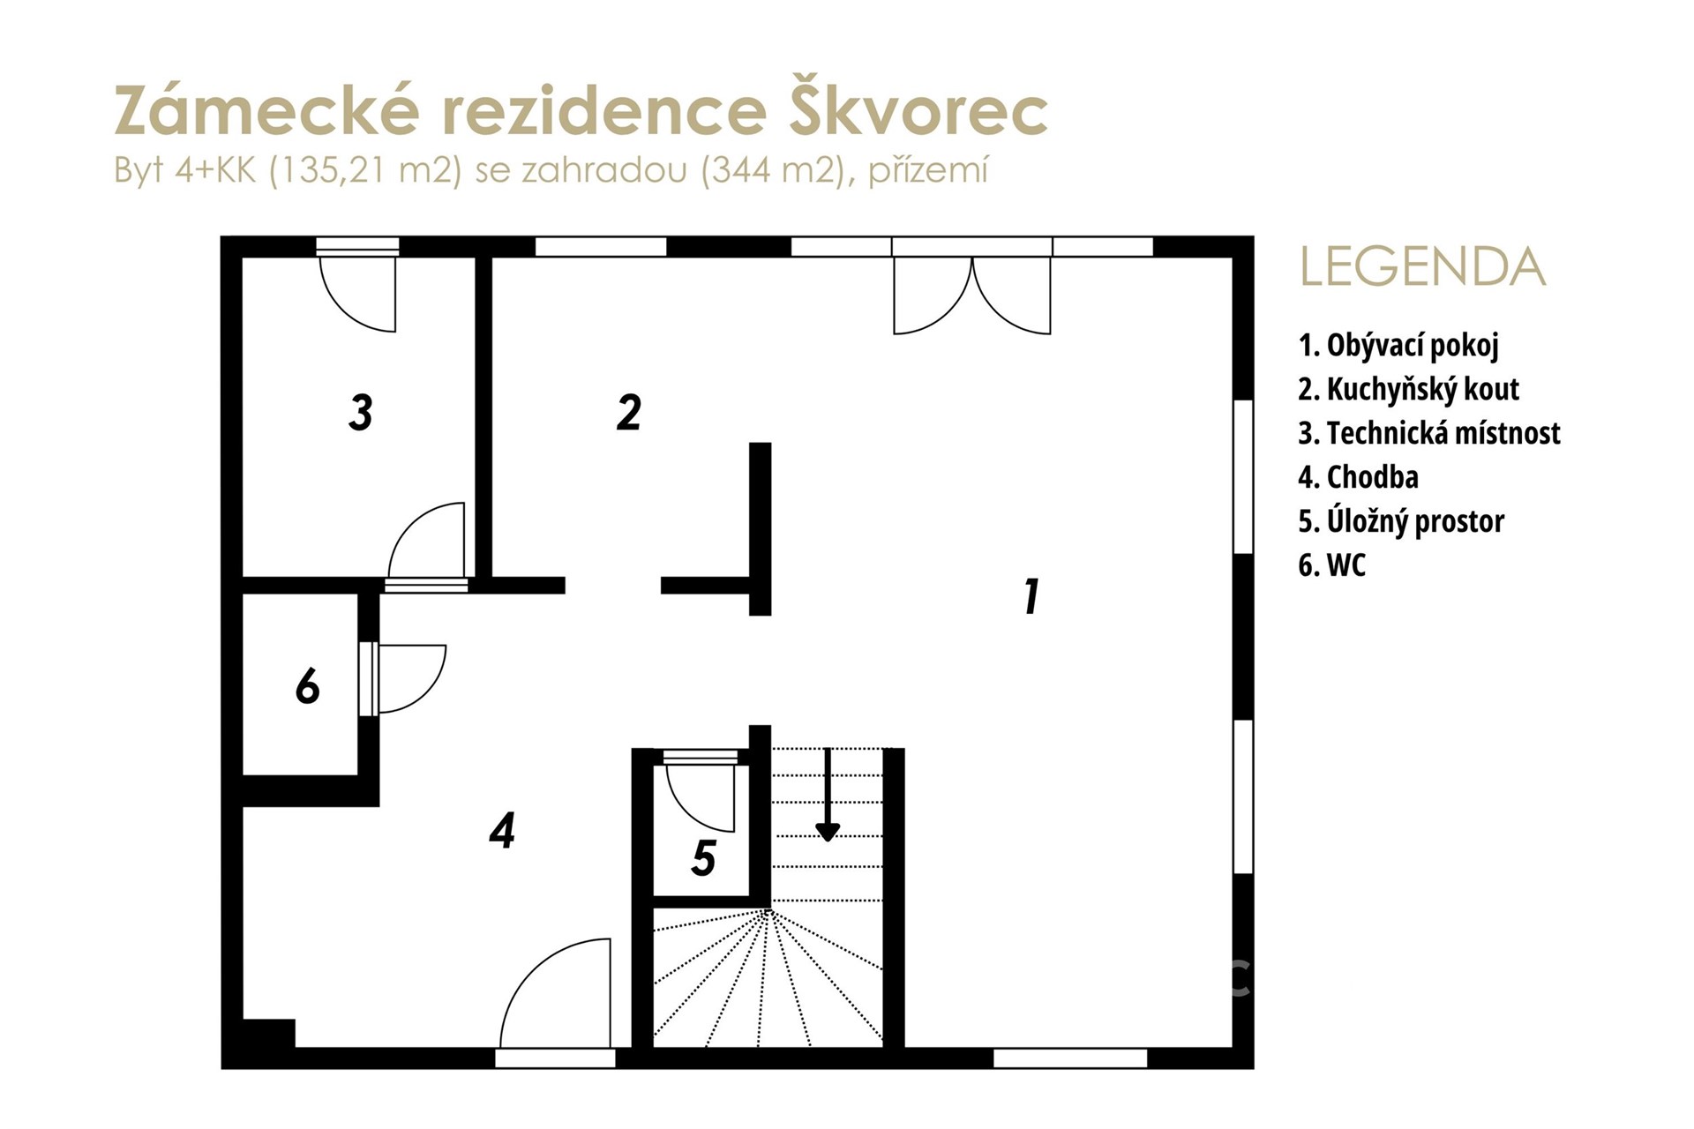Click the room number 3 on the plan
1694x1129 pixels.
tap(360, 413)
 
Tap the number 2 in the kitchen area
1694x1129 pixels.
tap(628, 413)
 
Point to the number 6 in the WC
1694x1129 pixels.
tap(307, 686)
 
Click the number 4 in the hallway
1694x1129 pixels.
tap(502, 830)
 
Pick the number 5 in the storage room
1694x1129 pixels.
tap(703, 857)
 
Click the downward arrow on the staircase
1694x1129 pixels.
tap(828, 795)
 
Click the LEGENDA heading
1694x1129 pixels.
tap(1423, 267)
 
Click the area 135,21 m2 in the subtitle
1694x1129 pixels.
tap(365, 169)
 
